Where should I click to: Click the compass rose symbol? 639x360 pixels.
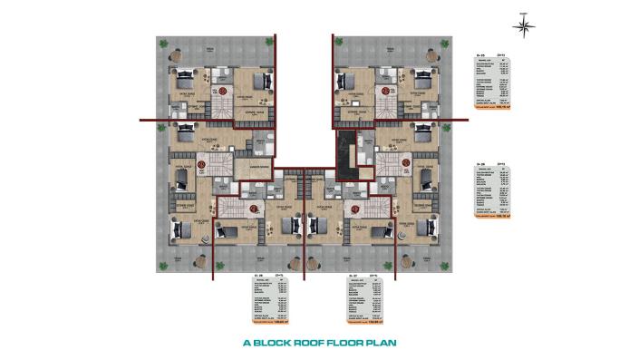(524, 24)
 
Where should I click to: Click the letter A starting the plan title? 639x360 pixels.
(247, 344)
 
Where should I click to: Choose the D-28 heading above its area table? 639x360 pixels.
(258, 272)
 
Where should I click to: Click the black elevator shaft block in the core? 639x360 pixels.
(344, 153)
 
